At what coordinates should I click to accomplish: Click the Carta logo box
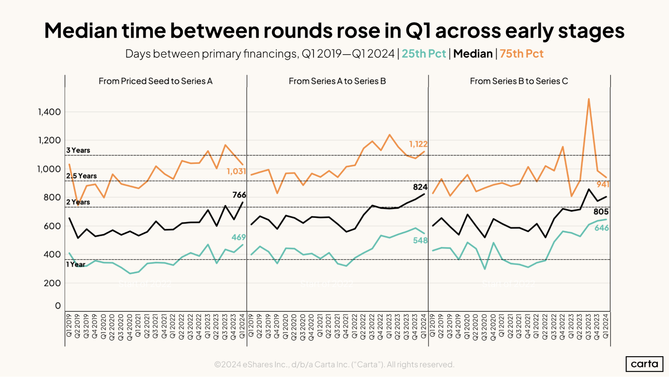(644, 364)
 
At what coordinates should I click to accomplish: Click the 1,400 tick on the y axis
(49, 112)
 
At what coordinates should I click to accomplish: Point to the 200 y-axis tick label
(52, 283)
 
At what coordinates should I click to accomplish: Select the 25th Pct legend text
(424, 54)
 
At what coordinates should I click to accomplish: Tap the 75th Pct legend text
(521, 54)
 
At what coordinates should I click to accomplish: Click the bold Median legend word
(473, 54)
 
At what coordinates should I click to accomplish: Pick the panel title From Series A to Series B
(337, 81)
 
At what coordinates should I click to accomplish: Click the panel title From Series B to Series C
(519, 81)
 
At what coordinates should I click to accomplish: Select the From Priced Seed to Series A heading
(155, 81)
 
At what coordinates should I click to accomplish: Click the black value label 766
(239, 195)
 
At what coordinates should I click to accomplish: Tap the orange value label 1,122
(418, 144)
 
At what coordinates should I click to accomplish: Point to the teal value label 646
(601, 228)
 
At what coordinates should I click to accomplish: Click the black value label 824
(420, 187)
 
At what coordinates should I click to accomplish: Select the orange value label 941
(603, 184)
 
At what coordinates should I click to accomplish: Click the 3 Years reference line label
(78, 150)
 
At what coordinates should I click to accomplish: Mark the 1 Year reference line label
(76, 264)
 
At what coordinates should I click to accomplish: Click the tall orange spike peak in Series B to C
(588, 99)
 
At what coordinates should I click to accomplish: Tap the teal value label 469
(239, 237)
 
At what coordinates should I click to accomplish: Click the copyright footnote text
(334, 364)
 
